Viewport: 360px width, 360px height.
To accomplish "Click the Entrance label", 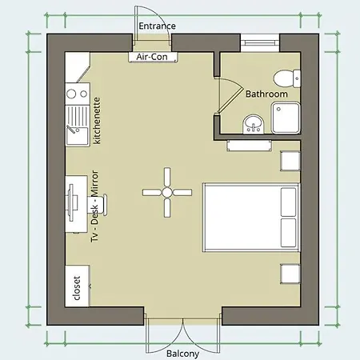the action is pos(157,26).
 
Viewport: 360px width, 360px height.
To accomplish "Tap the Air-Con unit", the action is pos(153,57).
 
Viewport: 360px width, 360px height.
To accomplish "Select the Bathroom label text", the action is pos(266,94).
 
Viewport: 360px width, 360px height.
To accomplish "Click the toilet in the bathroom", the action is pos(287,78).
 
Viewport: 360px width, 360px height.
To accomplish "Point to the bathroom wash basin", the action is pos(254,124).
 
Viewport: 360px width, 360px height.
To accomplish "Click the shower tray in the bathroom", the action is pos(286,118).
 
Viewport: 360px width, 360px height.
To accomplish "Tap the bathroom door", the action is pos(230,94).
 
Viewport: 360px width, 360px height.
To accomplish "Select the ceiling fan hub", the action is pos(167,192).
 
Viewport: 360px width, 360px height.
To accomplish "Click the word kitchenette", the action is pos(97,121).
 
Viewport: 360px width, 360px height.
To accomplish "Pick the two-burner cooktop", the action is pos(78,94).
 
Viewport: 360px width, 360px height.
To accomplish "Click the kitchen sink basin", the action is pos(78,136).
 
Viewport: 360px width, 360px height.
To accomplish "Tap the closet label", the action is pos(77,288).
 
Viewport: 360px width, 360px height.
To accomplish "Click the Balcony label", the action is pos(182,354).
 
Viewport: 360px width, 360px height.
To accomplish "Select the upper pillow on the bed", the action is pos(289,202).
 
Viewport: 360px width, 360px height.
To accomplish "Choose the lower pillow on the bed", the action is pos(289,233).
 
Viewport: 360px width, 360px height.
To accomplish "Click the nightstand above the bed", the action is pos(290,161).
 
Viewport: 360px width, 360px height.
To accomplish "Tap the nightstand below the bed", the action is pos(290,274).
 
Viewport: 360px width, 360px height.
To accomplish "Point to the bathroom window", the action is pos(260,42).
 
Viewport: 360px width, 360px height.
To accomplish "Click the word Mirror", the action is pos(94,183).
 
